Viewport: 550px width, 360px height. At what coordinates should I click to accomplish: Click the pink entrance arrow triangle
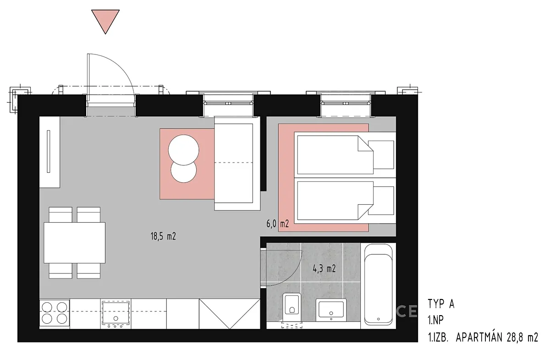point(105,20)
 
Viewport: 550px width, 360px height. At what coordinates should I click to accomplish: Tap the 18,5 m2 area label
point(163,236)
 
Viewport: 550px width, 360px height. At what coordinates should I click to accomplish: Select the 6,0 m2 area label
point(277,224)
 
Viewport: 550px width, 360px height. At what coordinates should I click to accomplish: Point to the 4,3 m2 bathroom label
point(324,269)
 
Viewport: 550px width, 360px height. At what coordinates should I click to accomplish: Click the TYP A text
point(441,304)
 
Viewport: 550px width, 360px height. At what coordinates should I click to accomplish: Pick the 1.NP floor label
point(435,320)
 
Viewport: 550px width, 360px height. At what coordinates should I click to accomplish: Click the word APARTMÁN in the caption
point(479,338)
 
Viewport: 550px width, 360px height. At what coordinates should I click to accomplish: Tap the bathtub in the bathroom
point(378,284)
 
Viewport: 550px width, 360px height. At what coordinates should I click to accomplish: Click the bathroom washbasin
point(331,310)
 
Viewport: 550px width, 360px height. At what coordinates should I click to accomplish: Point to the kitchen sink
point(115,314)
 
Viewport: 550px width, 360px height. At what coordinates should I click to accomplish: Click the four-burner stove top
point(55,314)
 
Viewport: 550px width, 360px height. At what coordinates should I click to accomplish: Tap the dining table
point(74,242)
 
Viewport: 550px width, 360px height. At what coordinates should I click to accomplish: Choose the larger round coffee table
point(183,150)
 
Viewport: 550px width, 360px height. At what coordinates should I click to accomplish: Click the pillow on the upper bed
point(380,155)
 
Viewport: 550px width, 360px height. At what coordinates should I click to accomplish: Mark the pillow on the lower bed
point(380,201)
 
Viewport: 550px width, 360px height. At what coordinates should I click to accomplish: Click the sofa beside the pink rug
point(237,163)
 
